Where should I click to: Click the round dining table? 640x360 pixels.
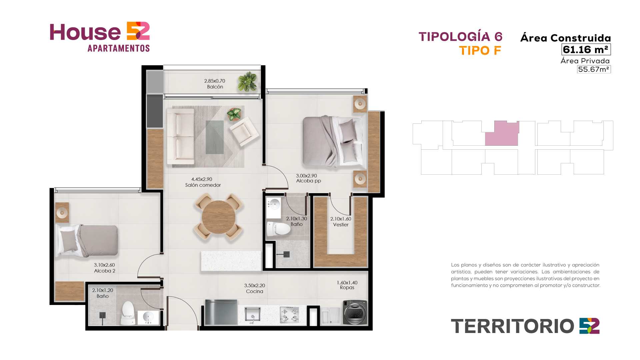[219, 218]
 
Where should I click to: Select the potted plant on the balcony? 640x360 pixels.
[248, 82]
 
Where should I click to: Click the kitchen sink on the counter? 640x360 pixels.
[253, 314]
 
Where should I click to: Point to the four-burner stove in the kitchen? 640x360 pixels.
[289, 315]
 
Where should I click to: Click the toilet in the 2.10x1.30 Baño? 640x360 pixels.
[278, 229]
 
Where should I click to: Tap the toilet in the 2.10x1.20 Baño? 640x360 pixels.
[128, 313]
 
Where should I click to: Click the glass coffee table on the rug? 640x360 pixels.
[215, 137]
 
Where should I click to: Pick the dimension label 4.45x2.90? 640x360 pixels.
[202, 179]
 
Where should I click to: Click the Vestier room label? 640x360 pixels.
[341, 225]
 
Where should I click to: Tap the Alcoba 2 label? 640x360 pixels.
[105, 271]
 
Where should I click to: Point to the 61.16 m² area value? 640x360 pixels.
[586, 50]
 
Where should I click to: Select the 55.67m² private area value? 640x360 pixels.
[594, 69]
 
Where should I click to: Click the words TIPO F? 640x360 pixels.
[480, 51]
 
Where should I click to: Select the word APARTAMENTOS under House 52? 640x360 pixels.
[119, 48]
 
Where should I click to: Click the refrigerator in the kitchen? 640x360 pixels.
[221, 312]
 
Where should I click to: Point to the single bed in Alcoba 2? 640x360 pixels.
[87, 241]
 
